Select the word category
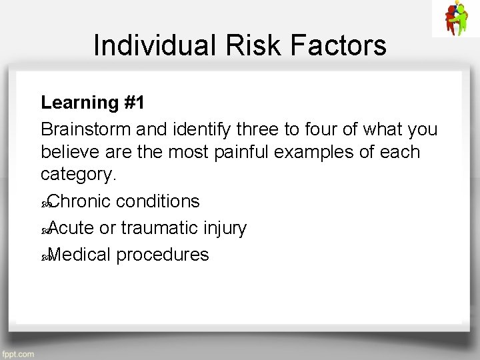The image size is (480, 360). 77,176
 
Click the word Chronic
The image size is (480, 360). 81,201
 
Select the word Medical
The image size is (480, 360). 80,255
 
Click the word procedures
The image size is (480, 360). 162,255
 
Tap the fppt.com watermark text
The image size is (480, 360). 18,354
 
